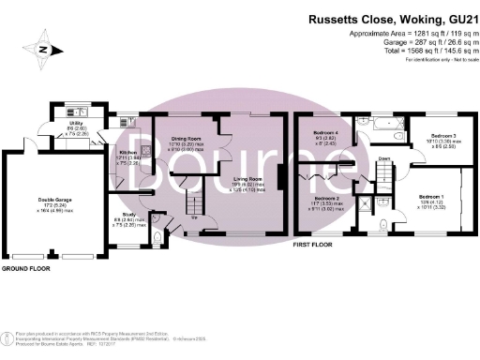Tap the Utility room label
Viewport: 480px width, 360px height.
point(78,123)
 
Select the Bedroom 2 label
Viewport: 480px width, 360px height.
point(327,199)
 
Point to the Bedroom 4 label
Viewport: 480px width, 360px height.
point(324,137)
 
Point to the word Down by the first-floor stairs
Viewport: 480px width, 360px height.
point(384,158)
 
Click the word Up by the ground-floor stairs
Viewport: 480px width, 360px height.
point(193,218)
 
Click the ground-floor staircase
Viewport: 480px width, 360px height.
point(193,200)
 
